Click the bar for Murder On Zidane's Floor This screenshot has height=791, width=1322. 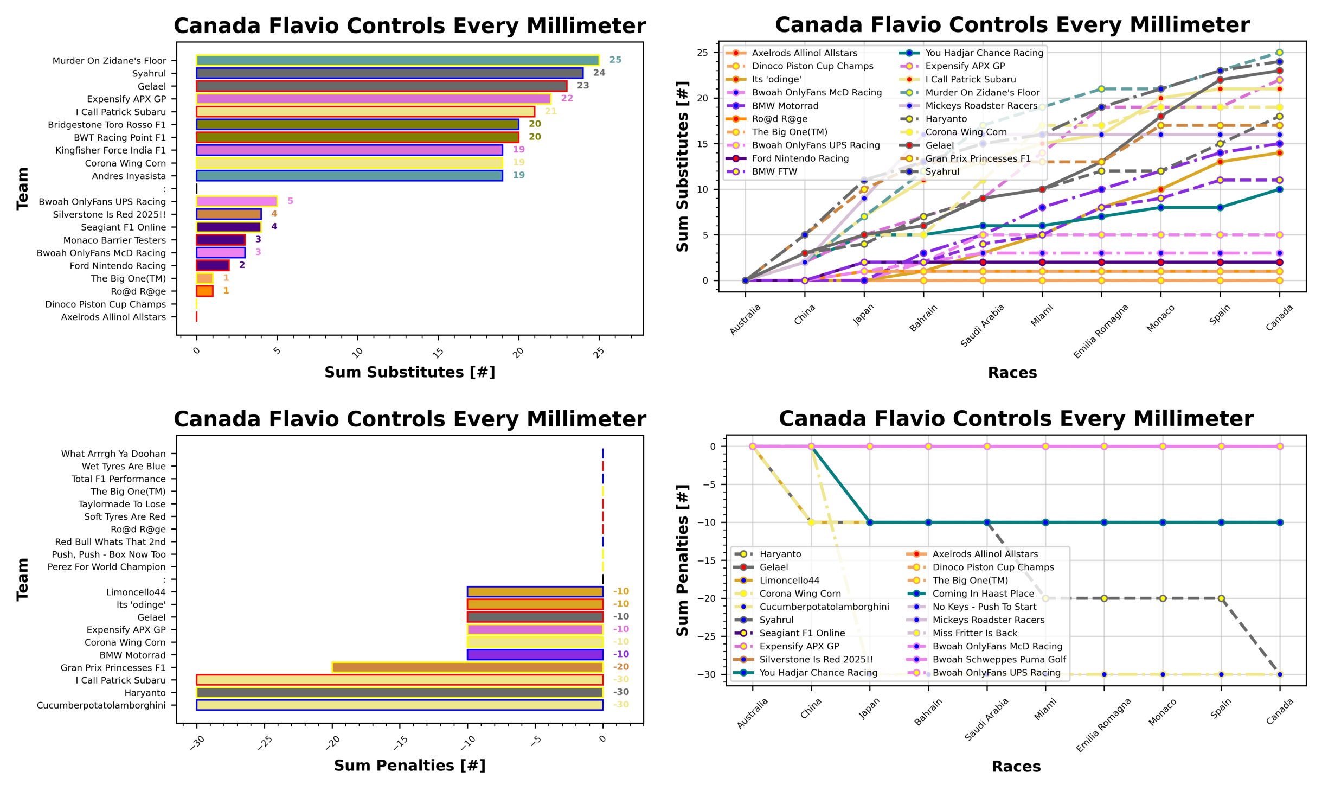click(397, 60)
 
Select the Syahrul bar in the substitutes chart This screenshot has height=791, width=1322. click(389, 73)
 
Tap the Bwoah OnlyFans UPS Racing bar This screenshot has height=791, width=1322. click(236, 201)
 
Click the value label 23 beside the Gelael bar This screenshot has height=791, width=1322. click(582, 86)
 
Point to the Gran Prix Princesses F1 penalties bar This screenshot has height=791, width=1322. click(467, 667)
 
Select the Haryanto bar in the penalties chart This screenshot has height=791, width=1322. click(399, 692)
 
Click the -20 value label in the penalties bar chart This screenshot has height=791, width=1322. click(621, 667)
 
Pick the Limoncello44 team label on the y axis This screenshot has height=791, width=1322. click(136, 592)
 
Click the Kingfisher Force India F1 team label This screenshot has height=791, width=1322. click(111, 150)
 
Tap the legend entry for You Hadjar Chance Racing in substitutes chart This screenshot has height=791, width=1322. click(984, 53)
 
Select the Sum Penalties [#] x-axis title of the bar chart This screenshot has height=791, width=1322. click(409, 766)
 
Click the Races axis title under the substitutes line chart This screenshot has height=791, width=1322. click(1012, 373)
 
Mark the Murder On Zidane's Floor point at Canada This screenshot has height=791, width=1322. click(1279, 53)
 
